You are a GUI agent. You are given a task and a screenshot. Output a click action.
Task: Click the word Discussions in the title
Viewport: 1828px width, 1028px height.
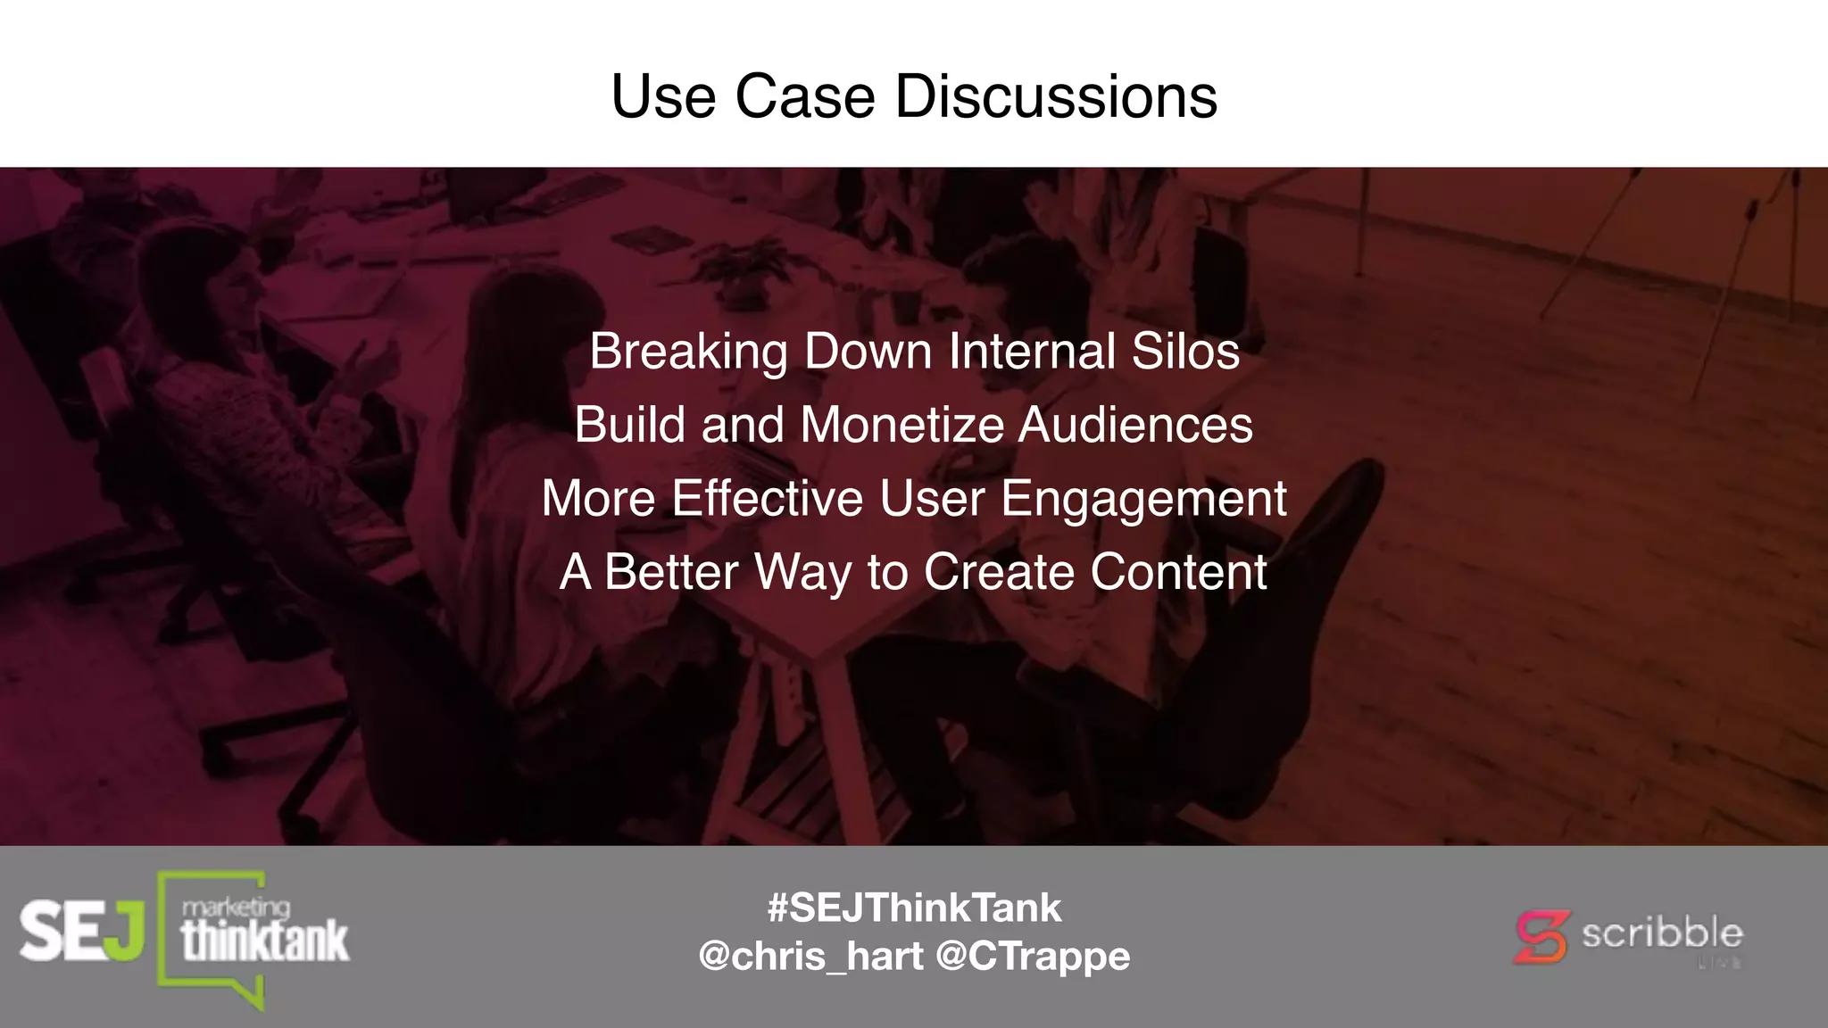pyautogui.click(x=1056, y=96)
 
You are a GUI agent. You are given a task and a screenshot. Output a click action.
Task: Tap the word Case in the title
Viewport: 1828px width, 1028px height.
pyautogui.click(x=804, y=96)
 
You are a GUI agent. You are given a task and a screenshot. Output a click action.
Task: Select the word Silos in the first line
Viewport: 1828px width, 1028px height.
pyautogui.click(x=1185, y=351)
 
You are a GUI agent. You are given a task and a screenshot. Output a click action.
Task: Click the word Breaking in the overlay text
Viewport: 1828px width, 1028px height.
pyautogui.click(x=688, y=352)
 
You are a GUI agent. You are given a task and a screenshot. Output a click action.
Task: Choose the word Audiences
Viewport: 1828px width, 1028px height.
pyautogui.click(x=1135, y=425)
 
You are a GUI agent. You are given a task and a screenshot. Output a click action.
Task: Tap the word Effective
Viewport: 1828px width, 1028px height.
pyautogui.click(x=767, y=498)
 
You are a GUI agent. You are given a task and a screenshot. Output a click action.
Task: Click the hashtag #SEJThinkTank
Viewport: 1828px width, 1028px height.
pyautogui.click(x=914, y=908)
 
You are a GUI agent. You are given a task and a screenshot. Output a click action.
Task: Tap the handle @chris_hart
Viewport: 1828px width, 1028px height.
pyautogui.click(x=810, y=956)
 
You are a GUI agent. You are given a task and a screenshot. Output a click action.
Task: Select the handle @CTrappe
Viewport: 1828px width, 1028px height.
pyautogui.click(x=1033, y=956)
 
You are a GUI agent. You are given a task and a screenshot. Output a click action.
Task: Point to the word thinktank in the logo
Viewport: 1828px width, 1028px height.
pyautogui.click(x=265, y=942)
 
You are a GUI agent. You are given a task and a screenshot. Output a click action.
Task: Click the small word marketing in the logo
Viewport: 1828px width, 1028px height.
pyautogui.click(x=236, y=908)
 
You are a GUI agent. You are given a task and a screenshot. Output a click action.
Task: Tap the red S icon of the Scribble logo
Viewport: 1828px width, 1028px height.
pyautogui.click(x=1541, y=936)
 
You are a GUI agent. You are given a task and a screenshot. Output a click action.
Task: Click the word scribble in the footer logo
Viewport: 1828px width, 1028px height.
pyautogui.click(x=1662, y=933)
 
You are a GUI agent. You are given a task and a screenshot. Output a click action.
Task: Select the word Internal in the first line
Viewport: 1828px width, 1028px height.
pyautogui.click(x=1032, y=351)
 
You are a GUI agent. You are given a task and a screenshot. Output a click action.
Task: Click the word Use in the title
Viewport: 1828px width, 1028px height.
pyautogui.click(x=663, y=96)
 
